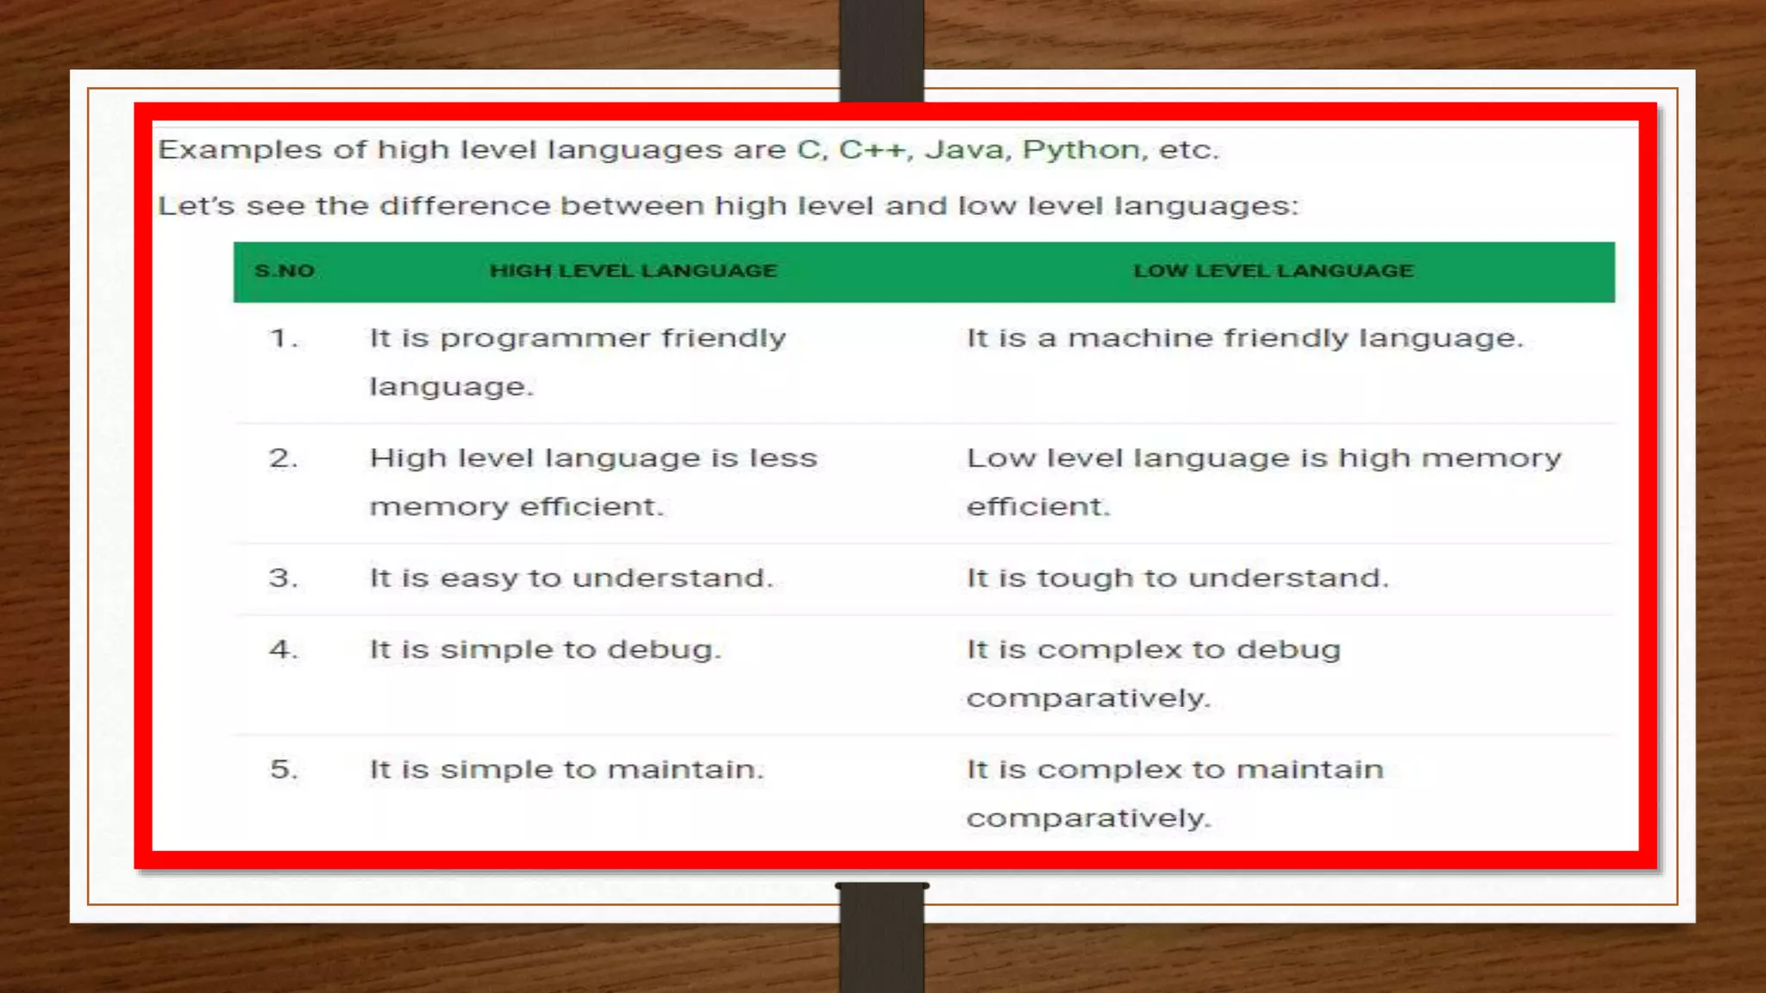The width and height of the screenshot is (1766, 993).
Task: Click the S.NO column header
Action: (x=285, y=271)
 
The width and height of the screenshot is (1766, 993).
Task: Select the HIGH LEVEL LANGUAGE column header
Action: (x=634, y=271)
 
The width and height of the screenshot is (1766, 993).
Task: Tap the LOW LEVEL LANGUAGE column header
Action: (x=1274, y=271)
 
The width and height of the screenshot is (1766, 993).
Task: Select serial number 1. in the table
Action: (x=284, y=338)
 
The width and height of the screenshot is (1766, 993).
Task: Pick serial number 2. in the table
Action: (x=284, y=458)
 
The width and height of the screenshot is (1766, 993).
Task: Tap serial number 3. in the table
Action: (x=284, y=578)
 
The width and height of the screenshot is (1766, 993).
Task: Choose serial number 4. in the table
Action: (x=284, y=649)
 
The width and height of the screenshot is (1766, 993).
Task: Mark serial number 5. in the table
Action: (x=284, y=769)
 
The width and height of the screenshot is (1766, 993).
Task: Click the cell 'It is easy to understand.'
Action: (x=572, y=578)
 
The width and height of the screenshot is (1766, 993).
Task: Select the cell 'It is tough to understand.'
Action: (x=1178, y=578)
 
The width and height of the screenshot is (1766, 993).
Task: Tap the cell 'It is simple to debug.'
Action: (x=545, y=649)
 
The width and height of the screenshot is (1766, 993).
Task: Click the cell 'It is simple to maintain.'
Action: (x=567, y=769)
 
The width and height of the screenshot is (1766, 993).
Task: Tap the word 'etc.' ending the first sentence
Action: (x=1188, y=150)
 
